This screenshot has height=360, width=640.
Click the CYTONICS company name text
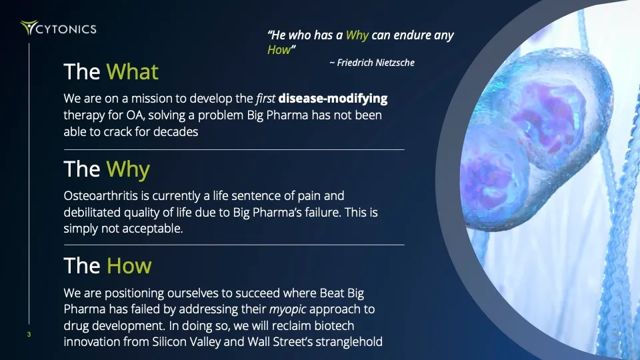[67, 29]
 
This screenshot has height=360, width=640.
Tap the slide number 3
[29, 335]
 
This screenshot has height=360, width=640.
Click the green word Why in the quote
[357, 35]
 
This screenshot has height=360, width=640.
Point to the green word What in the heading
[132, 72]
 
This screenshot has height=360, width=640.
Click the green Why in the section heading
[127, 169]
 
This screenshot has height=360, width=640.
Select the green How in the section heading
[129, 266]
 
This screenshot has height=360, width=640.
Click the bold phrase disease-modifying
[333, 99]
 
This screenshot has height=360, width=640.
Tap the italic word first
[265, 99]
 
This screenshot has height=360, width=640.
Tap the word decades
[177, 132]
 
